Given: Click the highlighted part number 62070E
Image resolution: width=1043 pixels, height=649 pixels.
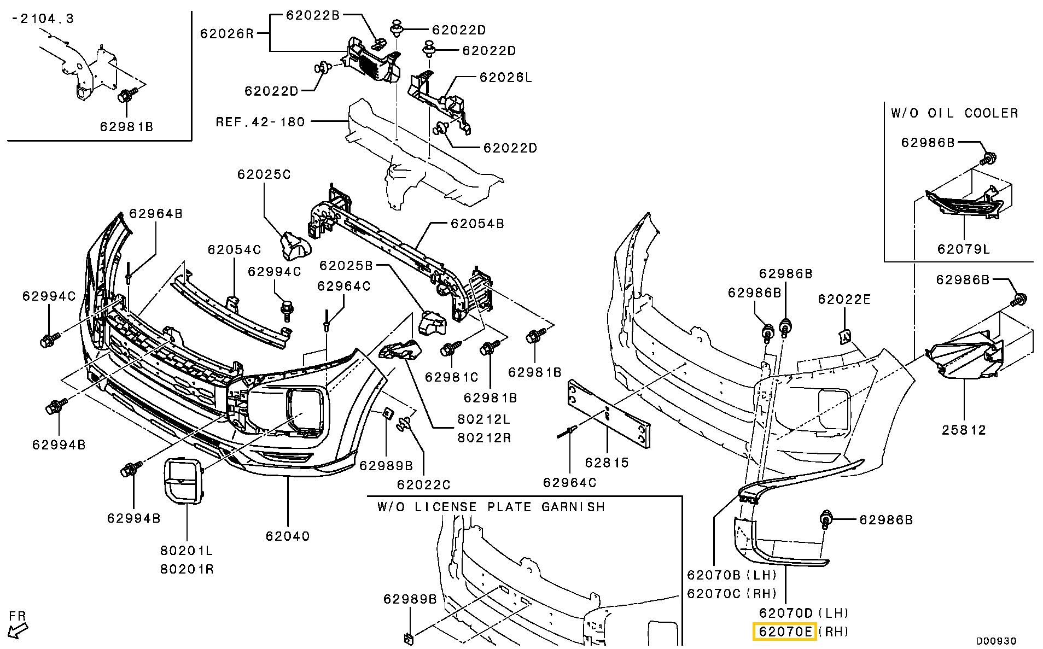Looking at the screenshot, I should coord(785,632).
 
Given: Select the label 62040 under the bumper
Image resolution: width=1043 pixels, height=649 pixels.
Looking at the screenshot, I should coord(288,536).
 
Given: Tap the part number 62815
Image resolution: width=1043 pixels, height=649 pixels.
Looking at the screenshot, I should coord(607,463).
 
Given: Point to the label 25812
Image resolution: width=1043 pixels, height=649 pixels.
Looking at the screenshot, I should coord(964,430).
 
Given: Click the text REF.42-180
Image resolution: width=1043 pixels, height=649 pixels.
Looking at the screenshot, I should coord(260,121).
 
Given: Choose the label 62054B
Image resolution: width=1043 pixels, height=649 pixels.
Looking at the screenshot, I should coord(477,223).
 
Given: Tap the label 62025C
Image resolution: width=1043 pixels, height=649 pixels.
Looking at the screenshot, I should coord(264,174).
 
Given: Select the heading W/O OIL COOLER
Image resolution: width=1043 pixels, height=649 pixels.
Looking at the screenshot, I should coord(954,113).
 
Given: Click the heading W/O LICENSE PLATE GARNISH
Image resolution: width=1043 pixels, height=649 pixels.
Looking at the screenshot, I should coord(491,507).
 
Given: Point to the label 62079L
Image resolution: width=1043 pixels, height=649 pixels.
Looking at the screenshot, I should coord(964,249).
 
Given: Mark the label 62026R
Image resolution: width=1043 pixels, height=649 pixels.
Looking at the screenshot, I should coord(227,33).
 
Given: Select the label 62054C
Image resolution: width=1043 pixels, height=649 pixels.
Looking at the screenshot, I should coord(234,249).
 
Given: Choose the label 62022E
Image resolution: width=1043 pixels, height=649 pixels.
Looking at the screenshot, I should coord(844,299).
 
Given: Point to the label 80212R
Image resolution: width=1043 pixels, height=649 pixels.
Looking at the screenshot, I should coord(484,437).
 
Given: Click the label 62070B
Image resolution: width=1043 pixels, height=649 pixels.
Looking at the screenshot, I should coord(713,575).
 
